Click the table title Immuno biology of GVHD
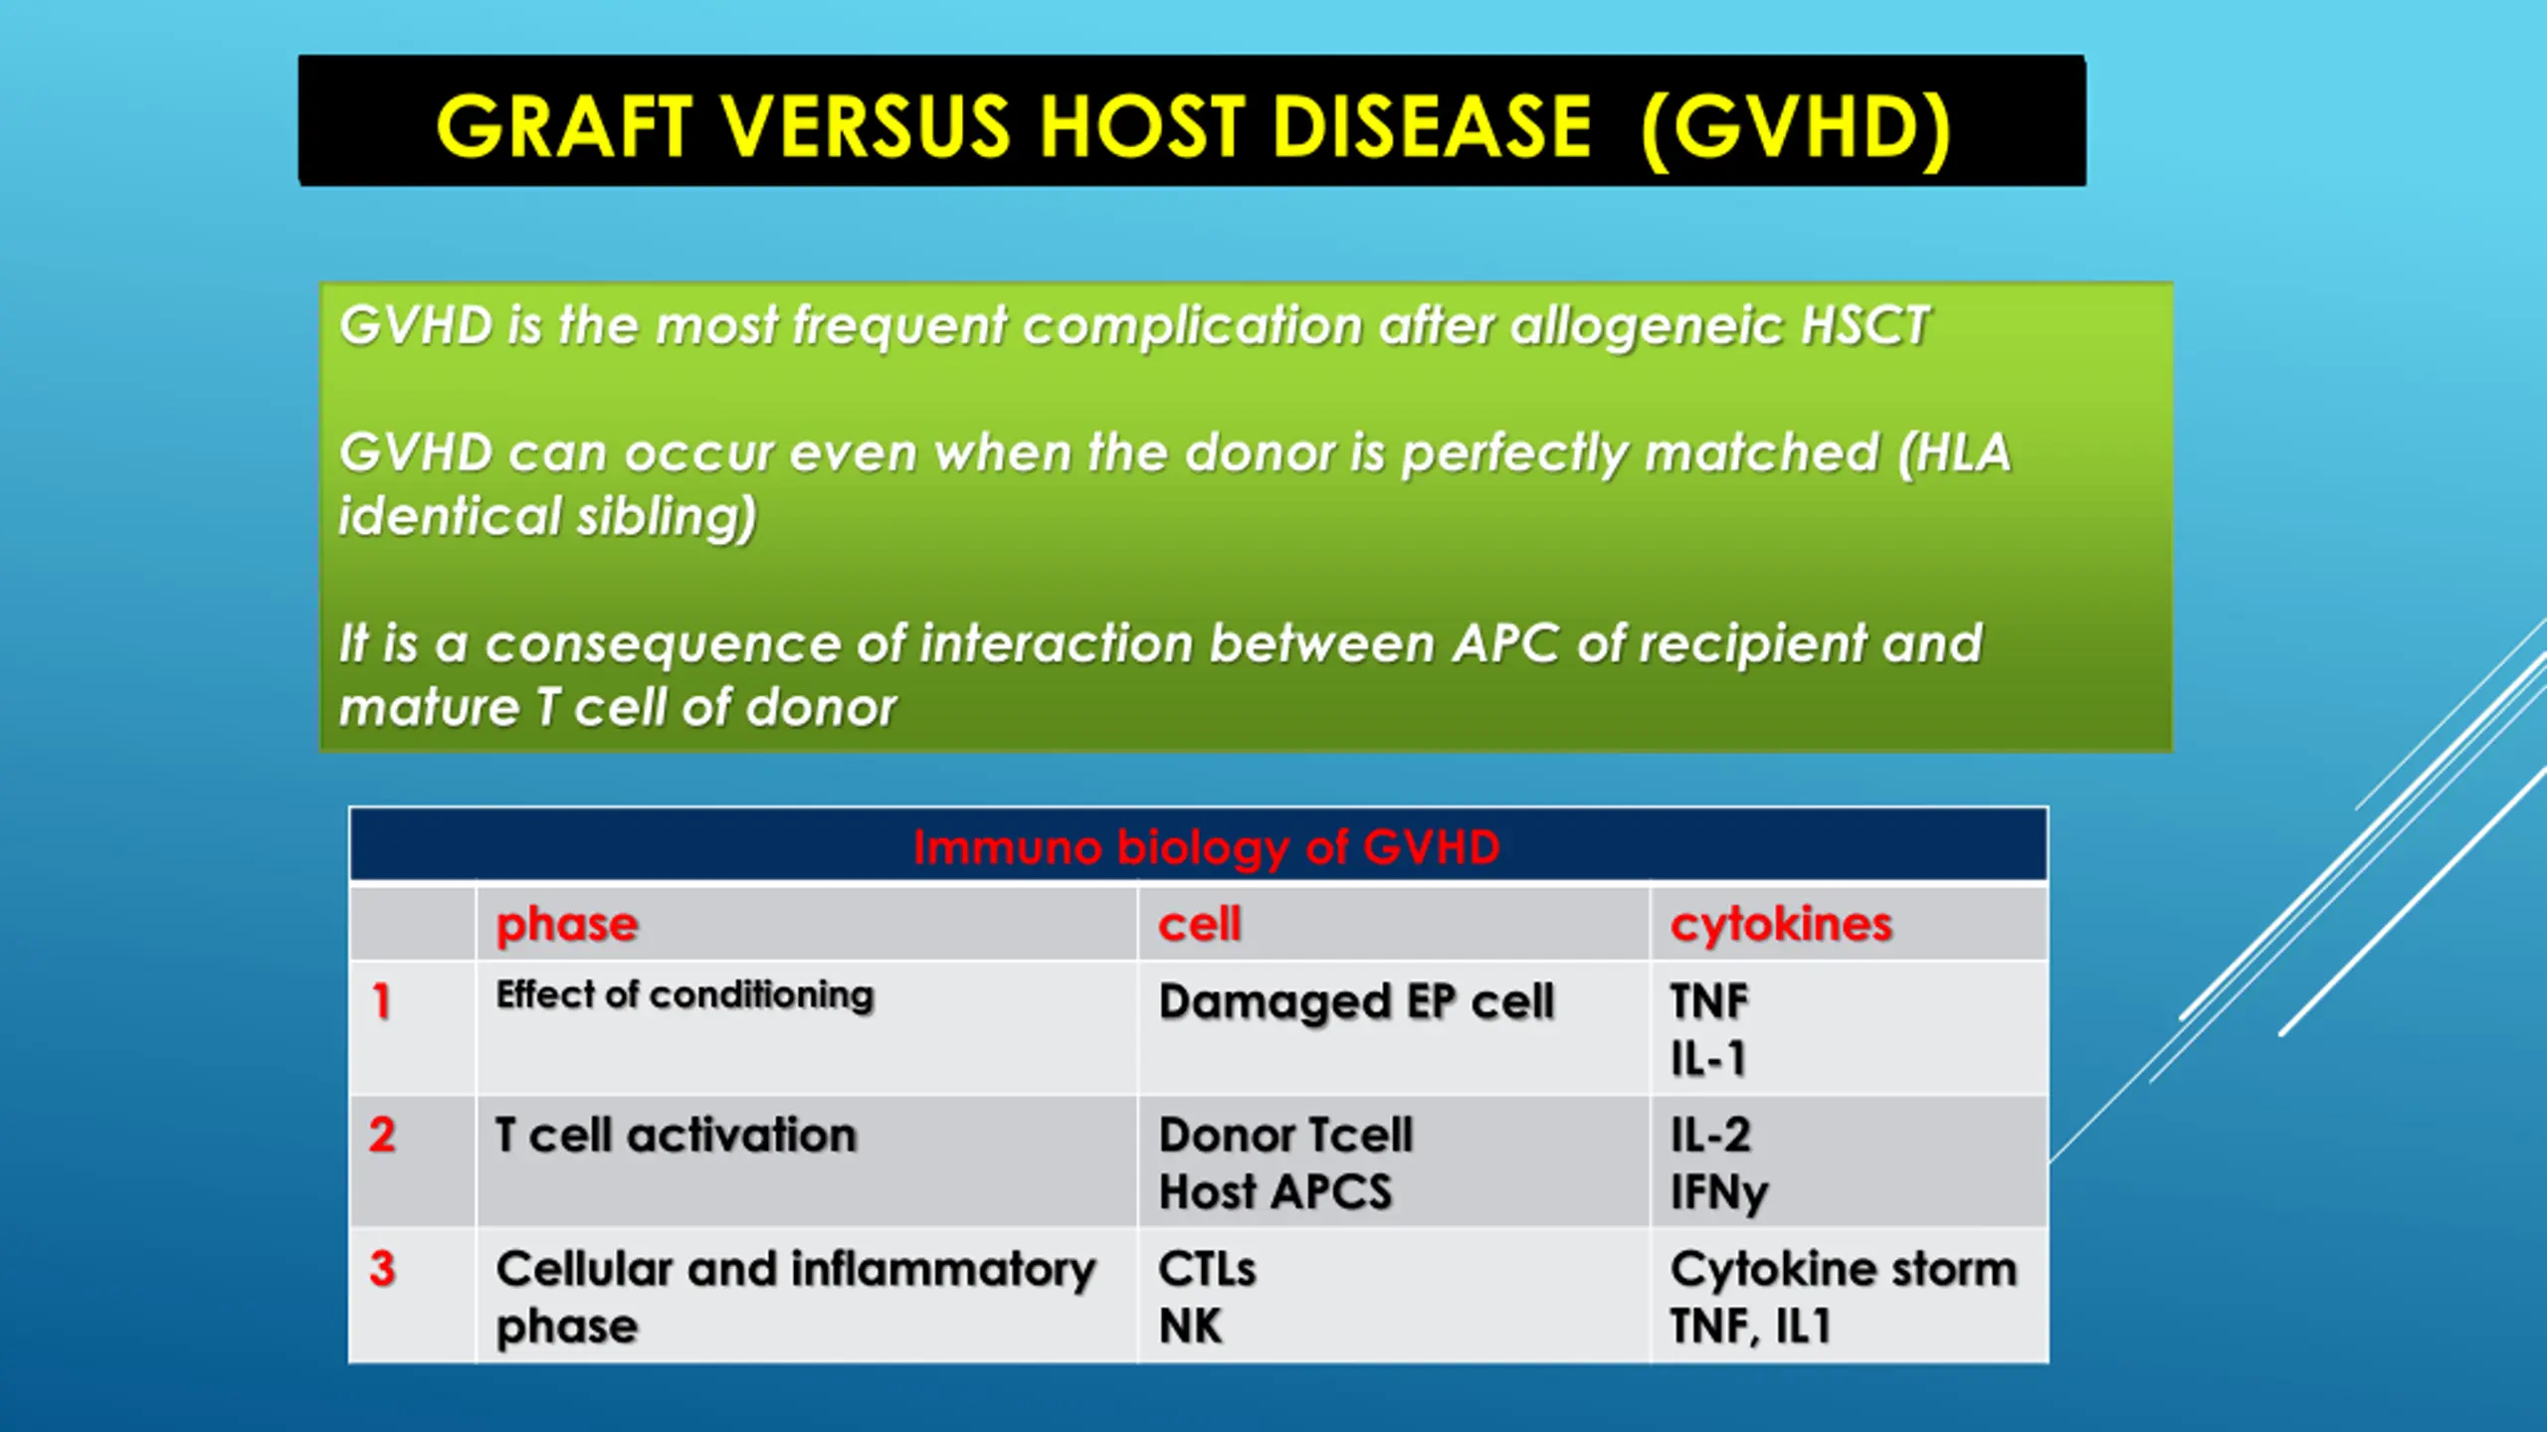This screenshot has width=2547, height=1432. coord(1206,847)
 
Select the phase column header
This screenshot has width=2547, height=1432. coord(567,925)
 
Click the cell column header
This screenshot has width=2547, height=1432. coord(1200,924)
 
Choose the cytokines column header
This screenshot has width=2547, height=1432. coord(1781,925)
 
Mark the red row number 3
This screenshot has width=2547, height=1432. coord(382,1269)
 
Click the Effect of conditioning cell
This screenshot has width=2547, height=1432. coord(685,994)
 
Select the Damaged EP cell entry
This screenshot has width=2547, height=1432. coord(1356,1001)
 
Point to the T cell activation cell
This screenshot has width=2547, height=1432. coord(676,1135)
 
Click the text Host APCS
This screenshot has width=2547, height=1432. coord(1275,1191)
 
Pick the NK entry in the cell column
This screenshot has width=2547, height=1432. coord(1190,1326)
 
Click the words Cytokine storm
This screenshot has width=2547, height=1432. coord(1844,1270)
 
